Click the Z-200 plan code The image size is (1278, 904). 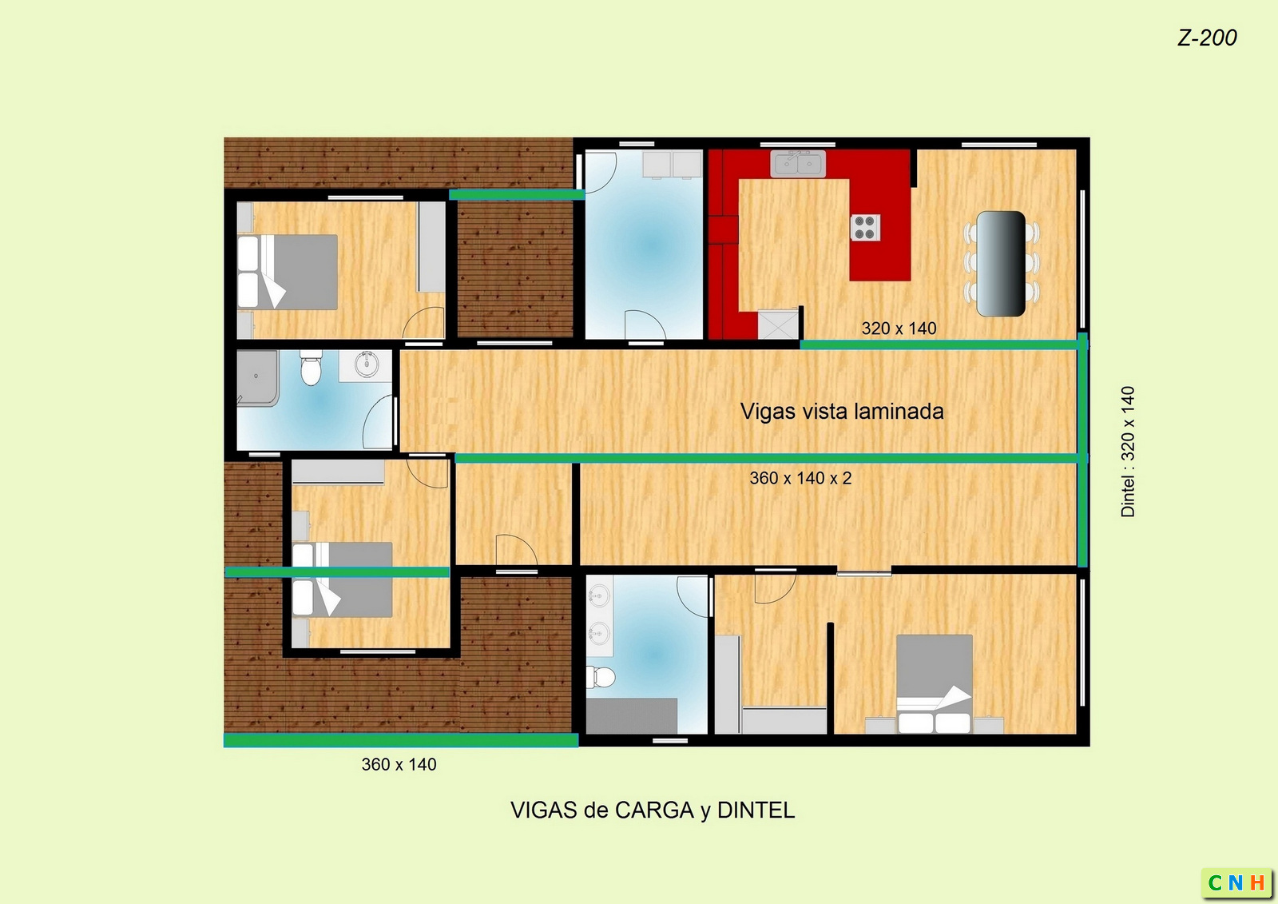point(1207,38)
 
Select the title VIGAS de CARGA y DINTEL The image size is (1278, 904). point(652,810)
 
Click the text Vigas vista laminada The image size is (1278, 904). point(842,411)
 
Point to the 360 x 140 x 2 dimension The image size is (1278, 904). point(800,478)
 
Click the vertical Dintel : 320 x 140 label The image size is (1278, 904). point(1128,452)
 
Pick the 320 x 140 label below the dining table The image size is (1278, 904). point(899,329)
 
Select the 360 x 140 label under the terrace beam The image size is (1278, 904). point(399,764)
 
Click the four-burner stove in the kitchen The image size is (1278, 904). point(866,227)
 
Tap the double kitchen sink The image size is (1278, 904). point(798,163)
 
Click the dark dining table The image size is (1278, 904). point(1001,263)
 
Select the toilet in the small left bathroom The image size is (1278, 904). point(311,368)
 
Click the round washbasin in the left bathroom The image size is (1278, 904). point(367,364)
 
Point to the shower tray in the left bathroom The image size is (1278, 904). point(258,378)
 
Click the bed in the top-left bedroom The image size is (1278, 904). point(288,273)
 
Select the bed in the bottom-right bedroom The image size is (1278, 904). point(935,683)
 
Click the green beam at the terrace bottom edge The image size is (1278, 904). point(400,740)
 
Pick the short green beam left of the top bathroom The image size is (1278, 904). point(517,195)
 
